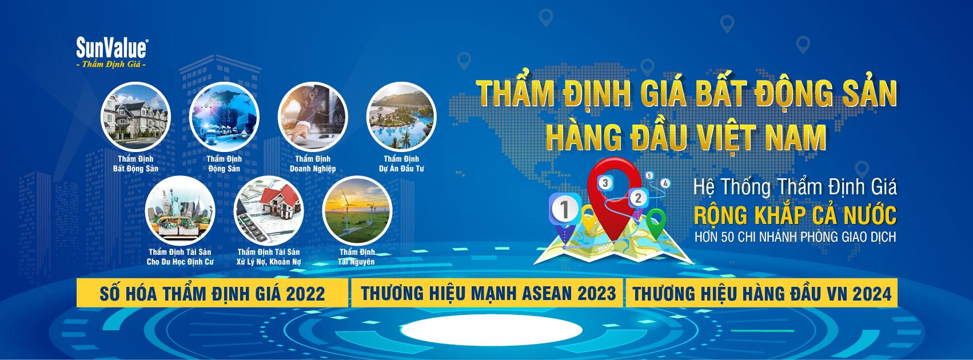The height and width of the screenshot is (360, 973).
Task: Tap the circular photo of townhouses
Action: (x=135, y=117)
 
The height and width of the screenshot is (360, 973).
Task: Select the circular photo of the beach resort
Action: (x=401, y=117)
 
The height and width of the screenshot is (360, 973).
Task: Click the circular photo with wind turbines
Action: (x=357, y=210)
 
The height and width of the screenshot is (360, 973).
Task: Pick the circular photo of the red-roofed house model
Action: (x=269, y=210)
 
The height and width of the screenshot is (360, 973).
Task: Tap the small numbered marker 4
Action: (x=665, y=183)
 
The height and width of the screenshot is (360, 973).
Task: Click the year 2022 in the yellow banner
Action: (x=305, y=294)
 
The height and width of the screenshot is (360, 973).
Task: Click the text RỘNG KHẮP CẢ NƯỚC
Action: (x=795, y=215)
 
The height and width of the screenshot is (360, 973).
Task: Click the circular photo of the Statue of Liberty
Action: (x=180, y=210)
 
